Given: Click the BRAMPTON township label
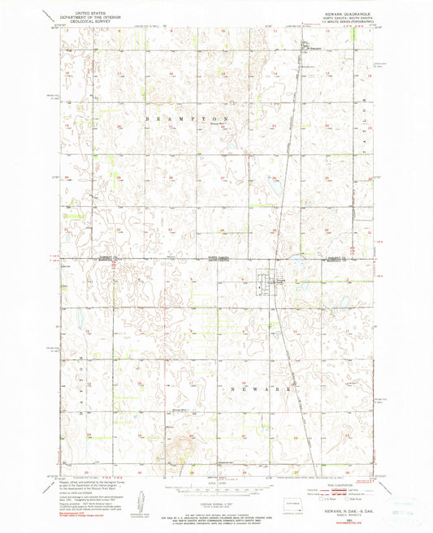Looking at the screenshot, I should pos(194,118).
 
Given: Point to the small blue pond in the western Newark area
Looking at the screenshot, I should pos(83,330).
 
